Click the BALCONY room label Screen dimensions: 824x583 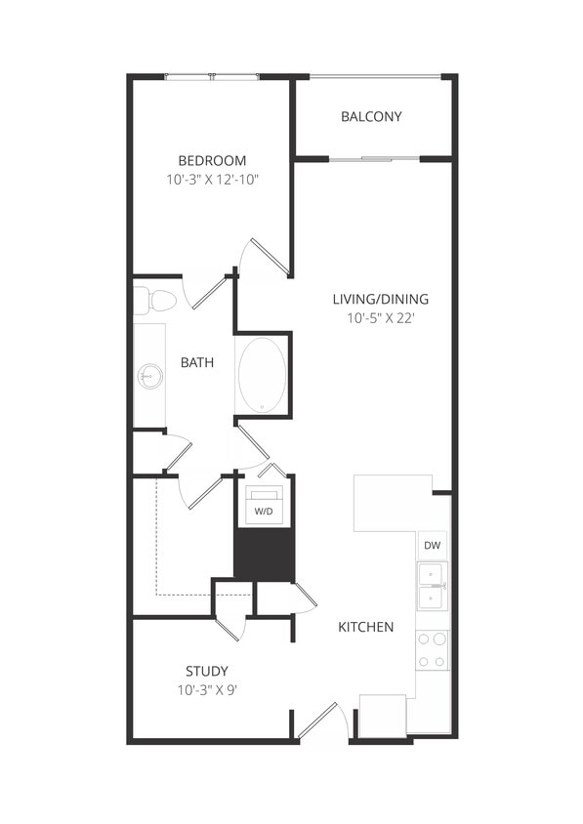coord(371,117)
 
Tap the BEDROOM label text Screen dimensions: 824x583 coord(212,161)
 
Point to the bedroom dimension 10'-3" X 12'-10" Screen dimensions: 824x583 coord(212,180)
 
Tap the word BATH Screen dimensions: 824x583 coord(197,363)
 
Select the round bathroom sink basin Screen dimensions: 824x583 coord(149,374)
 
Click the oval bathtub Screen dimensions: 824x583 coord(263,375)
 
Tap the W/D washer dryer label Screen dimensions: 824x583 coord(264,511)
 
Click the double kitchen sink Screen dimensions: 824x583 coord(433,586)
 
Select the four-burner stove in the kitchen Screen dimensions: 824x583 coord(433,650)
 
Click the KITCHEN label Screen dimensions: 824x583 coord(366,627)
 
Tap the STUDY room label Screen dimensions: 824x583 coord(207,671)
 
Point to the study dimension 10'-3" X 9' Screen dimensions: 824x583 coord(207,689)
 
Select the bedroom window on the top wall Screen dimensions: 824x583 coord(212,76)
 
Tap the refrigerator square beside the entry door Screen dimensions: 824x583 coord(383,716)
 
